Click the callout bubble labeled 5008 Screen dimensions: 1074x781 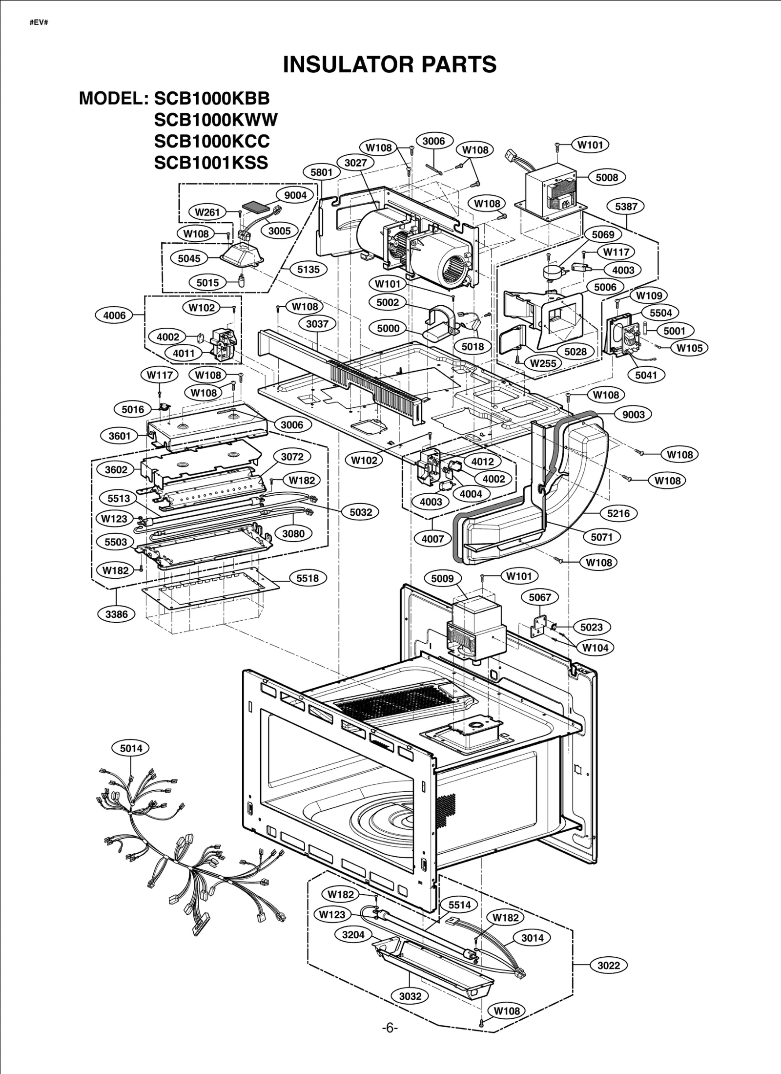tap(607, 177)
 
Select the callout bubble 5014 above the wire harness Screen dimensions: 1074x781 tap(131, 748)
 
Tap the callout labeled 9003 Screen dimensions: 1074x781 tap(633, 415)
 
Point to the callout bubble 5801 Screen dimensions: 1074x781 tap(321, 172)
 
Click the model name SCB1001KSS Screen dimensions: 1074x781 tap(211, 162)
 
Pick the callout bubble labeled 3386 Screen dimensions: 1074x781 tap(116, 614)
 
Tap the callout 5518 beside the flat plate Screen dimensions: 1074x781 tap(308, 578)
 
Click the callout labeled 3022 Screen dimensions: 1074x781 tap(609, 965)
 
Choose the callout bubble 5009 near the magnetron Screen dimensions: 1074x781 tap(442, 579)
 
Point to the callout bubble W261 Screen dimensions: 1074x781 tap(207, 212)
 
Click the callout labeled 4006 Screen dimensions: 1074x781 tap(114, 316)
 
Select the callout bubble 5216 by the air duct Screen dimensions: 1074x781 tap(618, 513)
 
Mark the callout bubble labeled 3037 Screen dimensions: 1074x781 tap(317, 324)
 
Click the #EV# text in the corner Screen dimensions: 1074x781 tap(39, 22)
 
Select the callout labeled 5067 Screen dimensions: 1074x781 tap(540, 597)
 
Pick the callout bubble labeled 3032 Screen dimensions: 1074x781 tap(410, 996)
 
